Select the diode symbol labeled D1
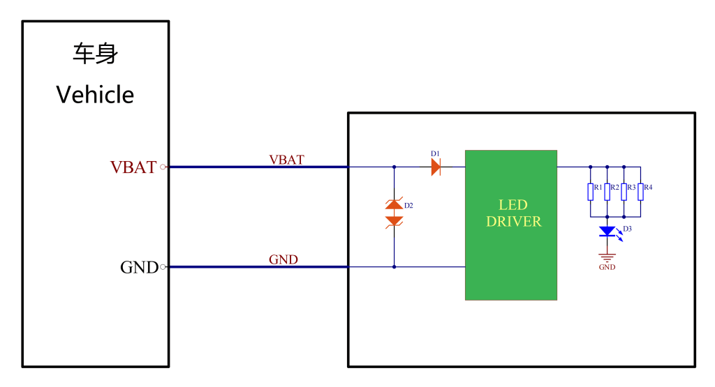coord(436,167)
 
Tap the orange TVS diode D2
coord(395,213)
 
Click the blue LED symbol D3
coord(608,231)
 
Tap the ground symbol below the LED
coord(607,257)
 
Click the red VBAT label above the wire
coord(286,159)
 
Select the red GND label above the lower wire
coord(283,259)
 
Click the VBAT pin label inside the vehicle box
coord(133,167)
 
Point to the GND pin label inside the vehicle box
coord(139,267)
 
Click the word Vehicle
coord(95,95)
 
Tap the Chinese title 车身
coord(95,54)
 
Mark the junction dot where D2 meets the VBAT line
coord(395,167)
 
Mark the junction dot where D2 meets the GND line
coord(395,266)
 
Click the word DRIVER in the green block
coord(513,222)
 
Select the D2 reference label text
coord(409,206)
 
